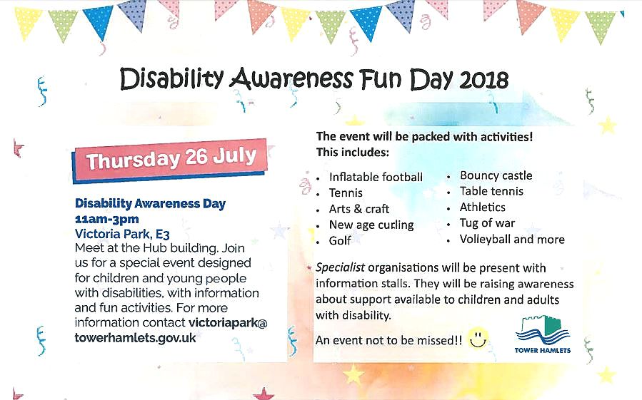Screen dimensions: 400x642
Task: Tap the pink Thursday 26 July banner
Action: tap(171, 159)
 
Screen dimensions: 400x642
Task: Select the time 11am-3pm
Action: tap(107, 218)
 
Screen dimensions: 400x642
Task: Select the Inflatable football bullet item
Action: tap(376, 177)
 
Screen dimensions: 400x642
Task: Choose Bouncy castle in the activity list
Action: tap(496, 175)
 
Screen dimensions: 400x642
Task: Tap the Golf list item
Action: tap(340, 241)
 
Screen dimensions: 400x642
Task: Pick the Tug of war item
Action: tap(487, 223)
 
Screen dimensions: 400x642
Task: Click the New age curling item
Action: tap(371, 225)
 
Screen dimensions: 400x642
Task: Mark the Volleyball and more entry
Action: tap(512, 240)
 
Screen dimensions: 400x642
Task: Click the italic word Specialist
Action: tap(341, 268)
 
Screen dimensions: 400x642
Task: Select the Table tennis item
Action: tap(491, 191)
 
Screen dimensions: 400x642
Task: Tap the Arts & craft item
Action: tap(359, 209)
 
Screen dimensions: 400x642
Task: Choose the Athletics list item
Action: tap(482, 207)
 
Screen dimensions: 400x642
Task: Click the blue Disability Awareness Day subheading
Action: tap(150, 203)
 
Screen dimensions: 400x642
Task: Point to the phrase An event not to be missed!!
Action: tap(388, 341)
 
